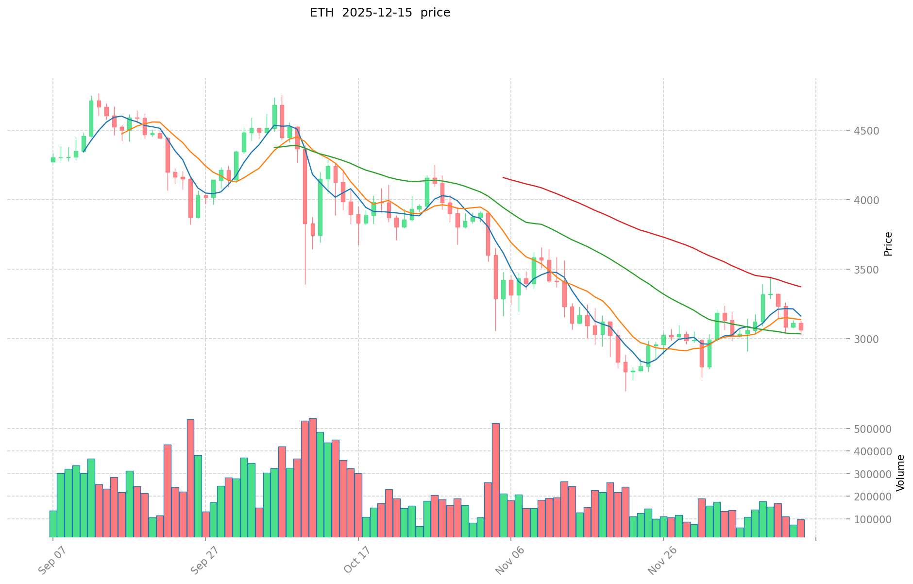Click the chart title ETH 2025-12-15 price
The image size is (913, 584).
(x=380, y=13)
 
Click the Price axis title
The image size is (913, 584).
(x=888, y=244)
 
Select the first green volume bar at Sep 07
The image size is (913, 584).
(x=53, y=524)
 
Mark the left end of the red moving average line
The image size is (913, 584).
(x=503, y=177)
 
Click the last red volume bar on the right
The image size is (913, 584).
(x=800, y=528)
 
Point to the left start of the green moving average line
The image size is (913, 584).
(x=274, y=147)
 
